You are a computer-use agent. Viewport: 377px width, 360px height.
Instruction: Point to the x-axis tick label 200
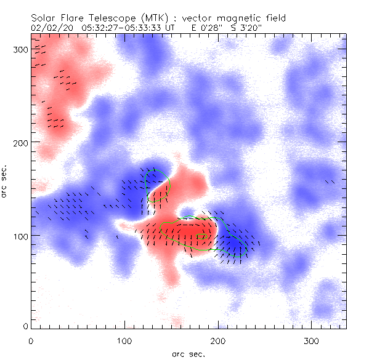pyautogui.click(x=218, y=340)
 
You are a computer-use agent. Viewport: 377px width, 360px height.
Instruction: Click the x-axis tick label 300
pyautogui.click(x=312, y=340)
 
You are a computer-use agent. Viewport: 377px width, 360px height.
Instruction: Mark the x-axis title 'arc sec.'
pyautogui.click(x=188, y=353)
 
